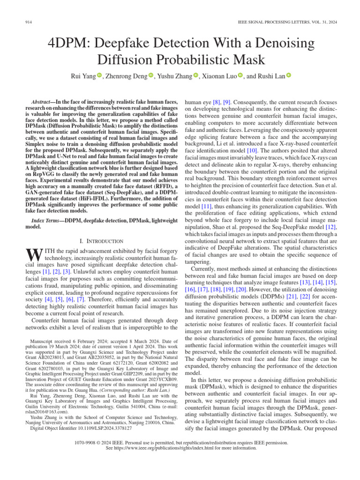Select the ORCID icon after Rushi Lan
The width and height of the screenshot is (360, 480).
click(289, 75)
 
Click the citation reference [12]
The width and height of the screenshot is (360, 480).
click(331, 227)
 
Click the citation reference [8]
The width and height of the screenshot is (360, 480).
click(217, 102)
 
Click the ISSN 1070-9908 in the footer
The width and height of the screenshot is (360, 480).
click(88, 442)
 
